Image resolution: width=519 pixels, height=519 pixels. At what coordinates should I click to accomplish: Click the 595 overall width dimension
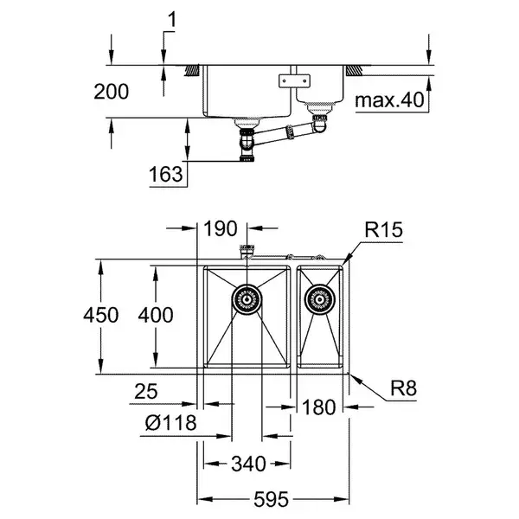(271, 499)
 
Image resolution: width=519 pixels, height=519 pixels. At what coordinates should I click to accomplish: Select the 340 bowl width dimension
(248, 464)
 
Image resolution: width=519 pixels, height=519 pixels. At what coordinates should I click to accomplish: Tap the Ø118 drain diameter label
(170, 423)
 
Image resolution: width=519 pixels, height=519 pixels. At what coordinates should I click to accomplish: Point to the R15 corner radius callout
(383, 229)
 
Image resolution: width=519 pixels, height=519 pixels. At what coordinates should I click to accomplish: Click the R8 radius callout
(403, 388)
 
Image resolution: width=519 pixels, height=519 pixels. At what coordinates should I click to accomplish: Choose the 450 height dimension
(101, 315)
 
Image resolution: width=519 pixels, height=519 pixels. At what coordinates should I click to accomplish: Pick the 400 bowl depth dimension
(156, 315)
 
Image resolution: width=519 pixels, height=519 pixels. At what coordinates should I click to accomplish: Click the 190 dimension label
(221, 228)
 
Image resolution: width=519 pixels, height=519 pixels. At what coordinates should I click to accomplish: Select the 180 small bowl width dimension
(318, 407)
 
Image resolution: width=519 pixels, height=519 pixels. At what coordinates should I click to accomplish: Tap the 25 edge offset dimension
(146, 392)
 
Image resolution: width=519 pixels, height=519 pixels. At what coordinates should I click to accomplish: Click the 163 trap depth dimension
(166, 174)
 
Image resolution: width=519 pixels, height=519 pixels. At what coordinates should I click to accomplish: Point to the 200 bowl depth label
(112, 92)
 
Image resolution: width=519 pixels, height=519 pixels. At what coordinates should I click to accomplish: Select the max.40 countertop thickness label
(389, 99)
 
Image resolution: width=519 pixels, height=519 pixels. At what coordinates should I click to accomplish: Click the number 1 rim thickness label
(172, 19)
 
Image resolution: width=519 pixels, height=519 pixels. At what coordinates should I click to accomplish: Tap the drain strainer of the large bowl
(247, 299)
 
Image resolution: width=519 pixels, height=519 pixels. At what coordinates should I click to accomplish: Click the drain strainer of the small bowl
(319, 299)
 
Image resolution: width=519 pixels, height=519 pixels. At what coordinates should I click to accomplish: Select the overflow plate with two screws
(294, 80)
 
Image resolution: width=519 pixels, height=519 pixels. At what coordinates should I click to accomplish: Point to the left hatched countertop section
(192, 71)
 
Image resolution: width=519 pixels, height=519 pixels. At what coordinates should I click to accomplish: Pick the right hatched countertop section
(354, 71)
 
